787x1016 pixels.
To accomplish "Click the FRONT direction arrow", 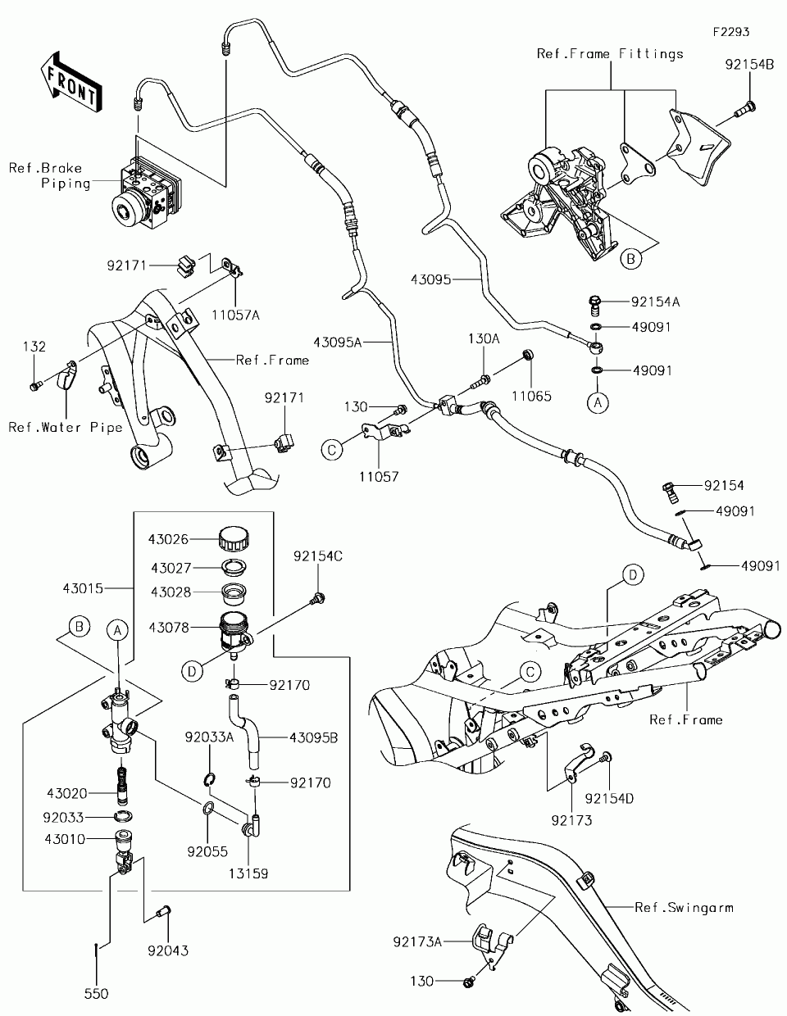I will [71, 82].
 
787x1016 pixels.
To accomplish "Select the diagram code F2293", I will [731, 32].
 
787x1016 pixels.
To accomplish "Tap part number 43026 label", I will [169, 539].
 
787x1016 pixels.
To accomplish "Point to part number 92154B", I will [748, 63].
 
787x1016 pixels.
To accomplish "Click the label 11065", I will [534, 396].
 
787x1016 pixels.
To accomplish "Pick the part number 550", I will [97, 994].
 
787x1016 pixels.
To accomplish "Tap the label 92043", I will [168, 950].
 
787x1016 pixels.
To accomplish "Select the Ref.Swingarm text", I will [684, 907].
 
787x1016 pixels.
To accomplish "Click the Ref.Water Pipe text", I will [66, 427].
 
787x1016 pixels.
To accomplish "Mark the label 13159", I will [248, 873].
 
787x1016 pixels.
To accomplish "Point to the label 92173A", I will [417, 942].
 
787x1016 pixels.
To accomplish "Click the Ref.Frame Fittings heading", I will [610, 53].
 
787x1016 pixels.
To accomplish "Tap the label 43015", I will [83, 588].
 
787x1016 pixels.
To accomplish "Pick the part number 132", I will [34, 347].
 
